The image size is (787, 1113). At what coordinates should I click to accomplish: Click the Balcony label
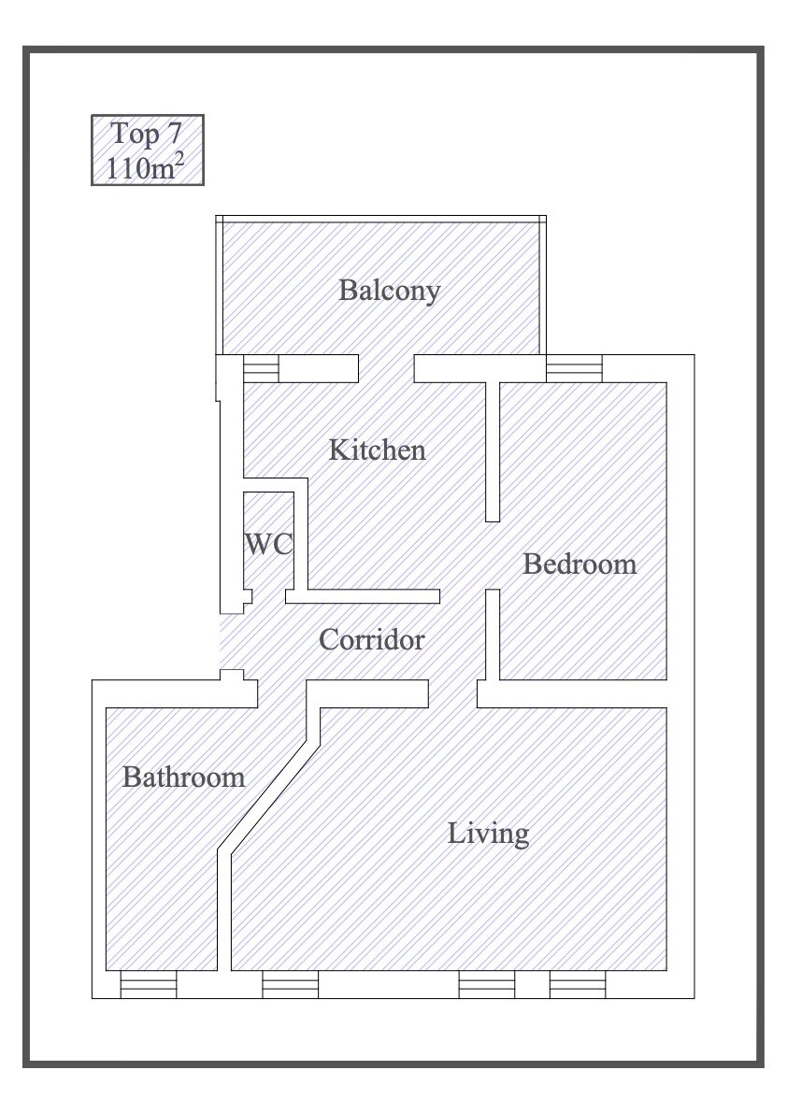[x=389, y=291]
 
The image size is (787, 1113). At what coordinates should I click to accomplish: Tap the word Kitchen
[x=377, y=450]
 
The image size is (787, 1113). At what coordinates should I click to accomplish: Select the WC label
[x=269, y=545]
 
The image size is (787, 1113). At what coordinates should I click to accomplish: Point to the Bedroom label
[x=580, y=564]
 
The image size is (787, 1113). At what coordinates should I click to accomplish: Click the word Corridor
[x=371, y=640]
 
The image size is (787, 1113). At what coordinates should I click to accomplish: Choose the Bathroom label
[x=184, y=777]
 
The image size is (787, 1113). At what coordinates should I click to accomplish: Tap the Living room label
[x=488, y=834]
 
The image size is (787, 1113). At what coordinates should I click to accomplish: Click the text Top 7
[x=147, y=134]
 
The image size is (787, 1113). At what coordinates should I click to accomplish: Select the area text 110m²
[x=145, y=167]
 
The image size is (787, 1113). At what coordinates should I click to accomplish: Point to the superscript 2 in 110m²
[x=179, y=160]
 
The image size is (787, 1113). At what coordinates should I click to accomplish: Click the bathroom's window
[x=149, y=985]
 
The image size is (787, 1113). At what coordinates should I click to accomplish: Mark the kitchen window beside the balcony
[x=261, y=369]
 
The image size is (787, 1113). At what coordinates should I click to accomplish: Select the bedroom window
[x=574, y=369]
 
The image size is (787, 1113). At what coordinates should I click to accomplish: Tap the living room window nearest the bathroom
[x=291, y=985]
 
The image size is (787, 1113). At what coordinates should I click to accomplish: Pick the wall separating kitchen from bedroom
[x=493, y=451]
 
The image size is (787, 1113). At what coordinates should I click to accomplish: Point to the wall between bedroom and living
[x=572, y=693]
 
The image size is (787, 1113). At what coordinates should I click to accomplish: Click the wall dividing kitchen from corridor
[x=363, y=596]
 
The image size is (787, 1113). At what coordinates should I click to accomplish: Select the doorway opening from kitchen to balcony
[x=386, y=369]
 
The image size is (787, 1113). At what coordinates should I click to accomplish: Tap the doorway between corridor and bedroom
[x=493, y=555]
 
